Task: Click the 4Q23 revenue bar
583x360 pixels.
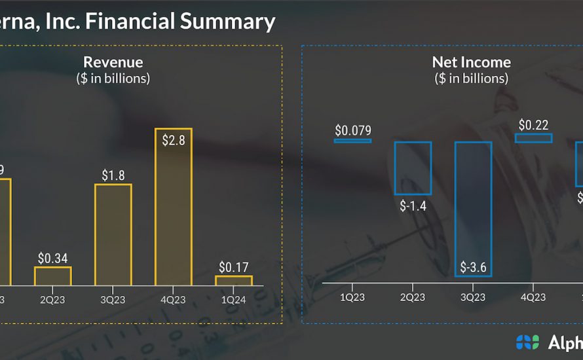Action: tap(173, 207)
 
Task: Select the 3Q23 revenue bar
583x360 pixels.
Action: tap(113, 234)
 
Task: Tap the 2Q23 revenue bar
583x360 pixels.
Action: tap(52, 276)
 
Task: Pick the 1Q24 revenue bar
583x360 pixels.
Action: tap(233, 280)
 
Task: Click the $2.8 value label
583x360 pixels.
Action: tap(173, 139)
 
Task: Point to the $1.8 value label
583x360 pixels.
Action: tap(113, 175)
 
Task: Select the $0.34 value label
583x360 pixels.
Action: tap(52, 258)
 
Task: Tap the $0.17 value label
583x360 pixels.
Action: tap(233, 267)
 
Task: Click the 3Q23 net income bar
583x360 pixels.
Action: tap(473, 209)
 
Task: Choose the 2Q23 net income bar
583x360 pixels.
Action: tap(413, 168)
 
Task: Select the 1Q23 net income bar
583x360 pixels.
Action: tap(352, 140)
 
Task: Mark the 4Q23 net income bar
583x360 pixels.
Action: tap(533, 138)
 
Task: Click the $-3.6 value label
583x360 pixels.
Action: tap(473, 266)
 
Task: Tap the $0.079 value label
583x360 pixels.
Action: tap(352, 130)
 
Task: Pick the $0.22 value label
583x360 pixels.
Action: tap(533, 125)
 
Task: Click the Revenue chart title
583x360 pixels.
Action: tap(113, 63)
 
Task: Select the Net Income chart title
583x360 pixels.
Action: tap(471, 63)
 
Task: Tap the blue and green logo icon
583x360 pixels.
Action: tap(527, 342)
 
